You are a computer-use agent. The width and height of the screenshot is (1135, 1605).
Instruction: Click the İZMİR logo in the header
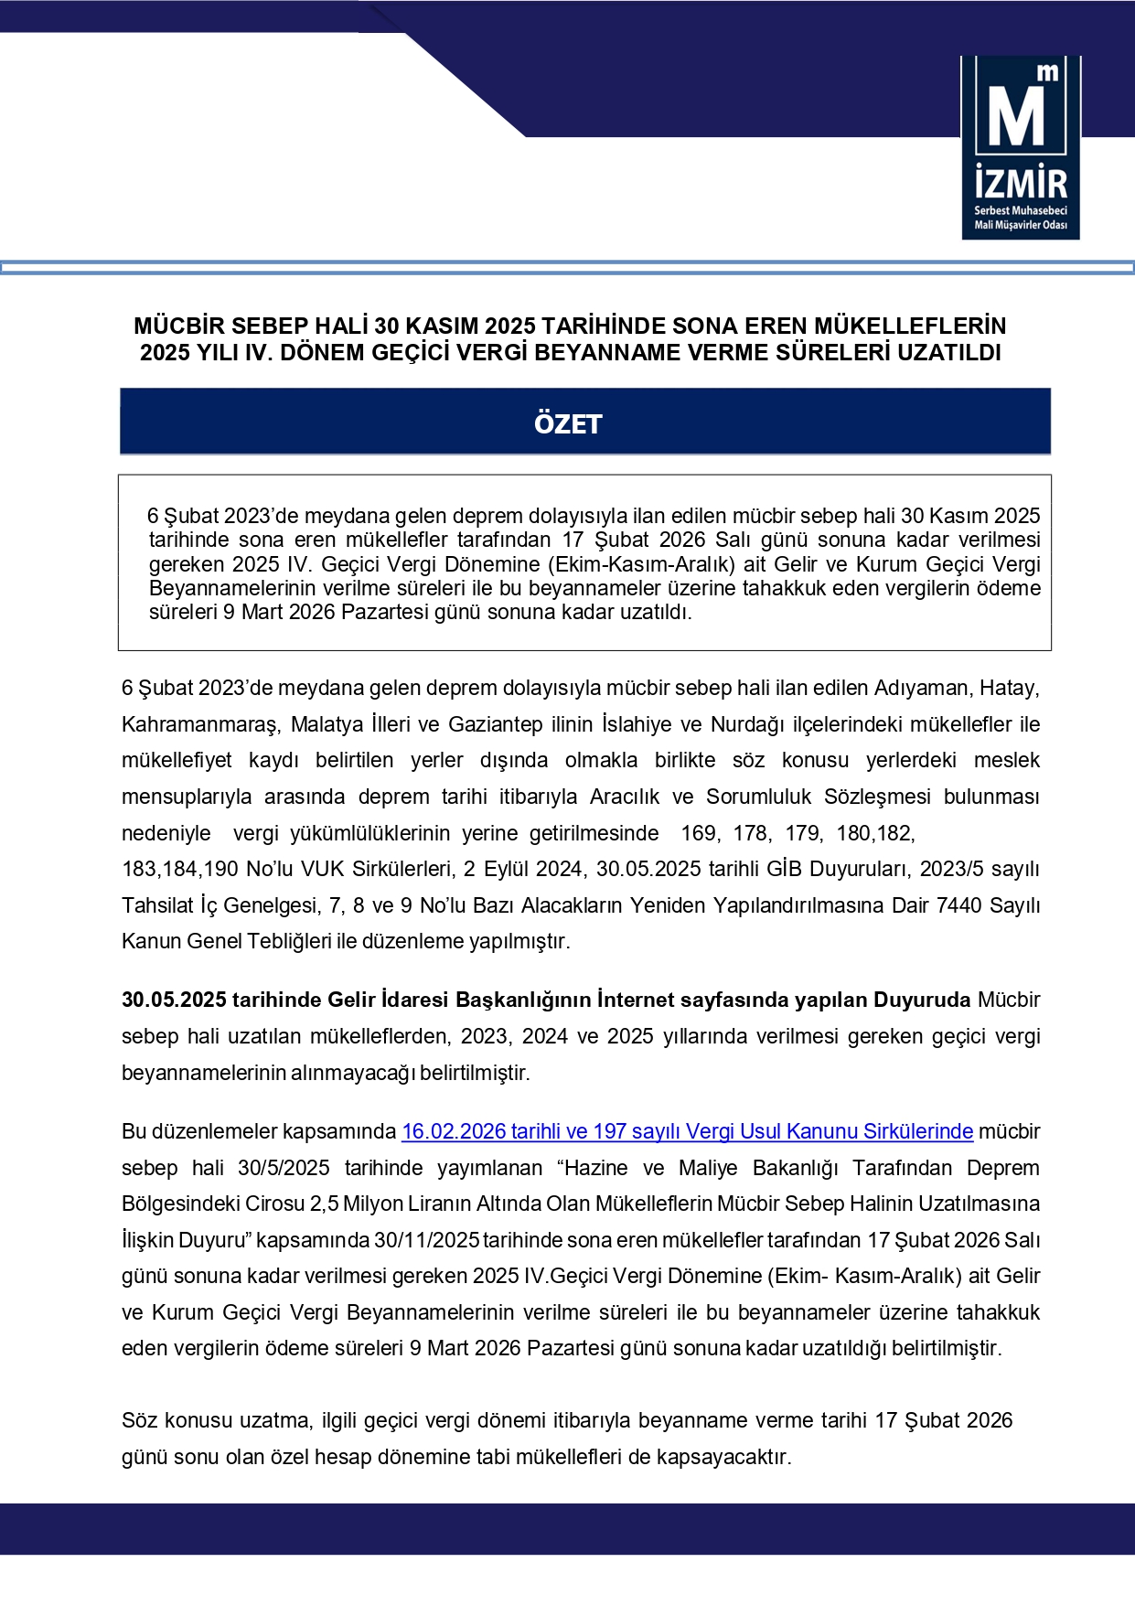1020,147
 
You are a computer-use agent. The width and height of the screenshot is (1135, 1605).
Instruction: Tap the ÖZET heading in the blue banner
568,423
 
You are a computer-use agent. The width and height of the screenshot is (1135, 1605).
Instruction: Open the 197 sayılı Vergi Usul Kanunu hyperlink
687,1131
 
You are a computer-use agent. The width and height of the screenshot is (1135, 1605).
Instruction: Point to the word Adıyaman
921,688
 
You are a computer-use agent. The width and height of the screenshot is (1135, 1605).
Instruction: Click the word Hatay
1009,688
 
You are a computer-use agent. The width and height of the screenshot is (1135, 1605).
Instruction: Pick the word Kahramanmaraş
200,724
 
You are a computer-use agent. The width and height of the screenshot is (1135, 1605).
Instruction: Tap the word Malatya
327,724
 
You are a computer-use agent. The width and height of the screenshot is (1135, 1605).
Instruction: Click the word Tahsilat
157,905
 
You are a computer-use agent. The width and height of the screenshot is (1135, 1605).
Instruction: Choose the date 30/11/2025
426,1240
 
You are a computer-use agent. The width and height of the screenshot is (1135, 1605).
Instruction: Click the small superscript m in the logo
1048,72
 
